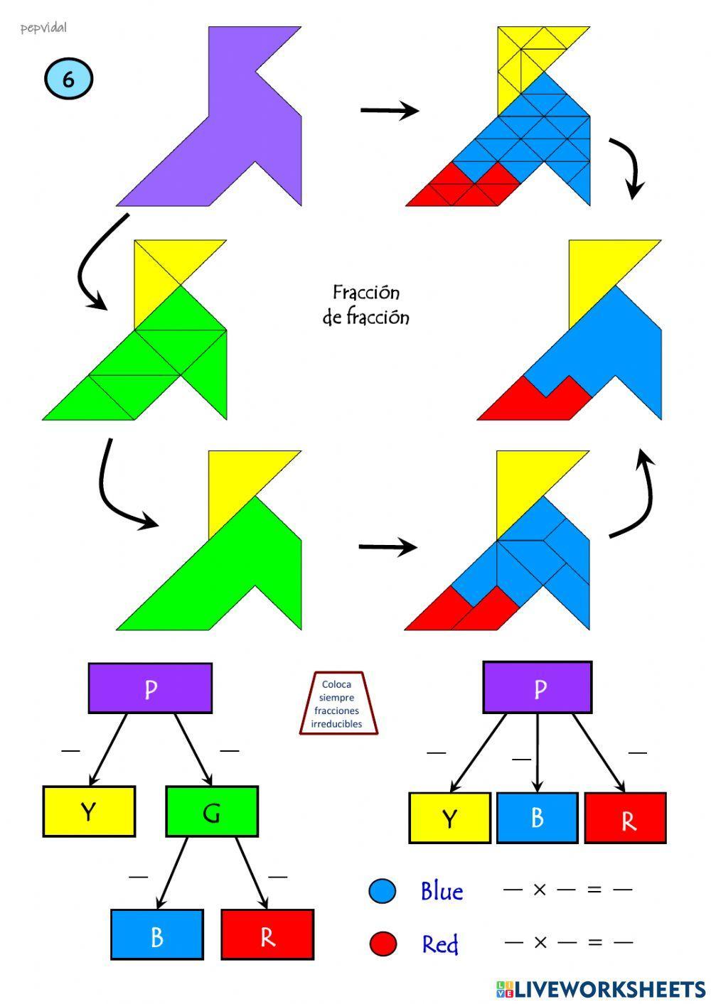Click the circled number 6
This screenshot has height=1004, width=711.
[x=68, y=79]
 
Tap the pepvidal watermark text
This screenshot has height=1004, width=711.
[x=43, y=28]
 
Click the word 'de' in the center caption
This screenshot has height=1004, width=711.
[x=332, y=318]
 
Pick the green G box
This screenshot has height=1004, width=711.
[x=211, y=811]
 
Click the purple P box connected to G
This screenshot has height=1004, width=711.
[x=150, y=689]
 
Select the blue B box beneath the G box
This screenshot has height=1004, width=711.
[x=156, y=935]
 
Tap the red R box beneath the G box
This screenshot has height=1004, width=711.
[x=267, y=935]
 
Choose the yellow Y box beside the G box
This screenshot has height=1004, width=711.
[x=89, y=811]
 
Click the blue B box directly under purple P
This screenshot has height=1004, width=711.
[x=537, y=818]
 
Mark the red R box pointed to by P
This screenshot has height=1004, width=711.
[x=625, y=819]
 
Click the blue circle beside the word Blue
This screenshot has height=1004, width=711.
[x=383, y=891]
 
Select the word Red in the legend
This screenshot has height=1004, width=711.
[x=440, y=944]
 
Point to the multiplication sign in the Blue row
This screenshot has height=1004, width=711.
[x=540, y=890]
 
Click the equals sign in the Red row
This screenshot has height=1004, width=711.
[x=595, y=942]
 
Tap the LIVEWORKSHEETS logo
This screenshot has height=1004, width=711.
[x=601, y=989]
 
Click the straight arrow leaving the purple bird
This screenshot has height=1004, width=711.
[x=389, y=110]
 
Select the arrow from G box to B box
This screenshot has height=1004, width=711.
[x=171, y=873]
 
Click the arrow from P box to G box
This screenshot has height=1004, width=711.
[x=193, y=748]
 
